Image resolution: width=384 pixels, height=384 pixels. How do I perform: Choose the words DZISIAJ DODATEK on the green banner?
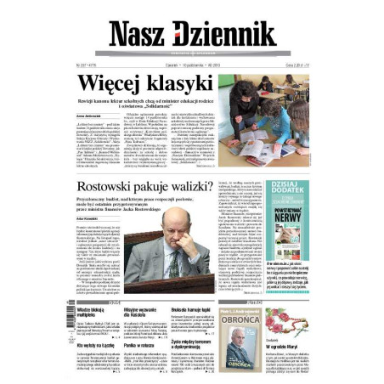287,189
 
